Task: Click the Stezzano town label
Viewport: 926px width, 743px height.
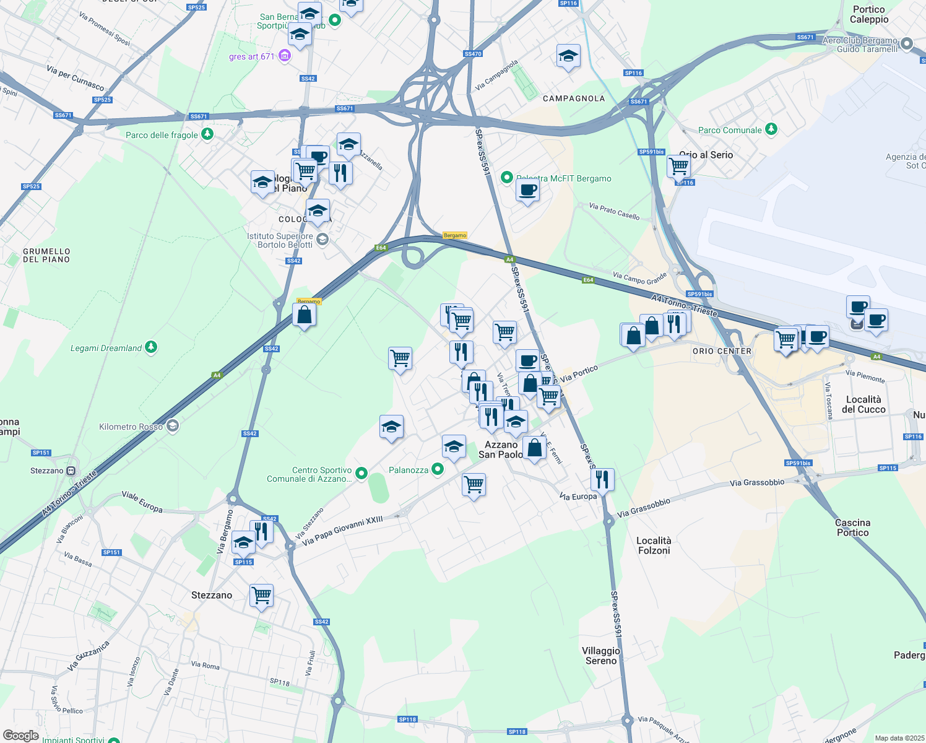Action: point(212,595)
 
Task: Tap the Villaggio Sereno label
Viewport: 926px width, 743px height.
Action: point(600,656)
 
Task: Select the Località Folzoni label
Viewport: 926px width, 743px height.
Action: point(654,545)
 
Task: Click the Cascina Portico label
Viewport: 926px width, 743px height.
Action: point(852,528)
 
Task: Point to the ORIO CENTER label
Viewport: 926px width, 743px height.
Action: point(722,351)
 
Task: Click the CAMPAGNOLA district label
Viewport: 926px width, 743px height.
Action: point(574,98)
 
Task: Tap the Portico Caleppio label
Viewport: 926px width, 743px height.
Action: point(869,14)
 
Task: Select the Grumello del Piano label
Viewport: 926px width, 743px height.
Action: point(46,256)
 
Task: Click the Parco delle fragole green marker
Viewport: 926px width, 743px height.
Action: point(207,134)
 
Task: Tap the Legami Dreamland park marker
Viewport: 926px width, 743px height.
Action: point(151,347)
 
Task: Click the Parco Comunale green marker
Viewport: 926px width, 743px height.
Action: point(771,129)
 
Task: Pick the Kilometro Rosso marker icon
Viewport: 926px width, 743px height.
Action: point(173,426)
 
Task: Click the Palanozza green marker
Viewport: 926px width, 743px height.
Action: point(438,469)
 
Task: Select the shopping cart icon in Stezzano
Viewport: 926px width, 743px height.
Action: point(261,596)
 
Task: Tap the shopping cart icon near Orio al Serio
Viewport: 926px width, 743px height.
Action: point(679,165)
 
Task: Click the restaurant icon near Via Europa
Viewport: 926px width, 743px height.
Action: point(602,479)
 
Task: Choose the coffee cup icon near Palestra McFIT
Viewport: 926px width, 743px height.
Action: point(527,189)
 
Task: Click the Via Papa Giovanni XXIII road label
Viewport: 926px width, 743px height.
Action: point(343,531)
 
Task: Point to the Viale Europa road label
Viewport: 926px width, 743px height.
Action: point(142,502)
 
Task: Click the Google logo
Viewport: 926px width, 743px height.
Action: point(21,735)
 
